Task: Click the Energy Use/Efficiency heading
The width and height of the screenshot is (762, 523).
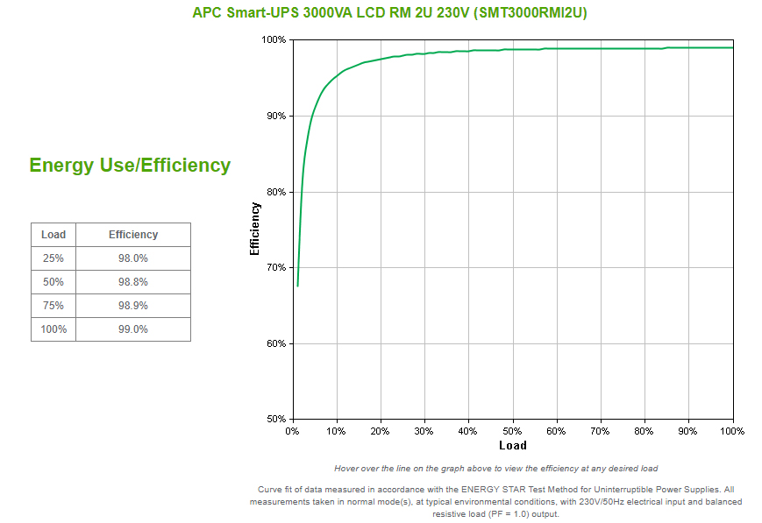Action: point(130,165)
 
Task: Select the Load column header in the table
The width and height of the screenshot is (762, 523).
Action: point(53,235)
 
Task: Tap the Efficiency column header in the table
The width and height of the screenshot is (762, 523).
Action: point(133,235)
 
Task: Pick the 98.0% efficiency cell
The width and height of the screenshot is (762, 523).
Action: point(133,258)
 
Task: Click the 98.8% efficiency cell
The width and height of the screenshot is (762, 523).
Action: point(133,282)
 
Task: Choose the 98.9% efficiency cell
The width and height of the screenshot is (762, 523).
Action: point(133,306)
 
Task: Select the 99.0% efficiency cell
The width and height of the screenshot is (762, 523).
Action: point(133,329)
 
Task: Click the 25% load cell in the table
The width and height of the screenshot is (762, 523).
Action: point(53,258)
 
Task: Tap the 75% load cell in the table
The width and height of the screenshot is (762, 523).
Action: point(53,306)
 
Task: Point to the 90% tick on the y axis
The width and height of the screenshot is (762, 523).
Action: point(274,116)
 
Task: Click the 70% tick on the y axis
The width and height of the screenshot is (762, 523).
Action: point(274,267)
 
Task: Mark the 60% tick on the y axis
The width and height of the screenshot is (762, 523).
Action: point(274,343)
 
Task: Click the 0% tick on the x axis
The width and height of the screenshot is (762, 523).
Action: point(292,431)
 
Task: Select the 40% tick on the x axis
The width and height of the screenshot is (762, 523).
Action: point(468,431)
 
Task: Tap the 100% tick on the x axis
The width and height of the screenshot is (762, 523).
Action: point(732,431)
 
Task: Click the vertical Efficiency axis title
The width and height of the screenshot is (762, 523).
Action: point(255,229)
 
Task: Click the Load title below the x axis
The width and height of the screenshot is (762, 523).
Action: point(512,445)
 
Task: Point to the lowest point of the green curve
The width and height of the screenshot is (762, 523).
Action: point(297,286)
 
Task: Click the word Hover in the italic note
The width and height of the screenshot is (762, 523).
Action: point(347,469)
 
